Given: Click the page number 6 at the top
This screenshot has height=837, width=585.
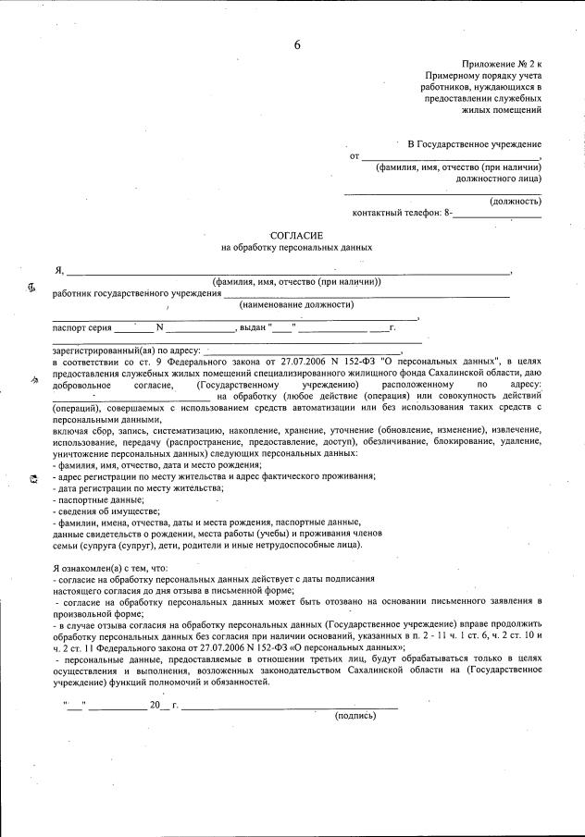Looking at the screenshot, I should (298, 45).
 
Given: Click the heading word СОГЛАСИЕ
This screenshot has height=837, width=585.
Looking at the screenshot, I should (297, 237).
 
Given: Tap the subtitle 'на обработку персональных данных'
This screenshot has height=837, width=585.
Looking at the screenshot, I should (297, 248).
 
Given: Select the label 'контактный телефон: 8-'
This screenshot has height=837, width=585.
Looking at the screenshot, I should (403, 214).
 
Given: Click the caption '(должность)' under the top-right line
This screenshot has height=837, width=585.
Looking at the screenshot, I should (515, 201).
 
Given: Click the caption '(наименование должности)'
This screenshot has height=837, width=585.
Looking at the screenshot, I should (296, 304).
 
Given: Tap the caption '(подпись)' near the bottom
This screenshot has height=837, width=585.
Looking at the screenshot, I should (355, 715).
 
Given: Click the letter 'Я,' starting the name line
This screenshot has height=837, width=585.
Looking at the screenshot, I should (59, 271).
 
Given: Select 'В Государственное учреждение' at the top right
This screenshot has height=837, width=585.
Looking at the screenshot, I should (475, 144).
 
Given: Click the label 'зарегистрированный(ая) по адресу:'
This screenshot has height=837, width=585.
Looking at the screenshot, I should (127, 351).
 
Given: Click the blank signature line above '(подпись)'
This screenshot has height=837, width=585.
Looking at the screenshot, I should (291, 707).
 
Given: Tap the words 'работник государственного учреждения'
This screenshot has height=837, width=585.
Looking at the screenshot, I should (137, 293).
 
